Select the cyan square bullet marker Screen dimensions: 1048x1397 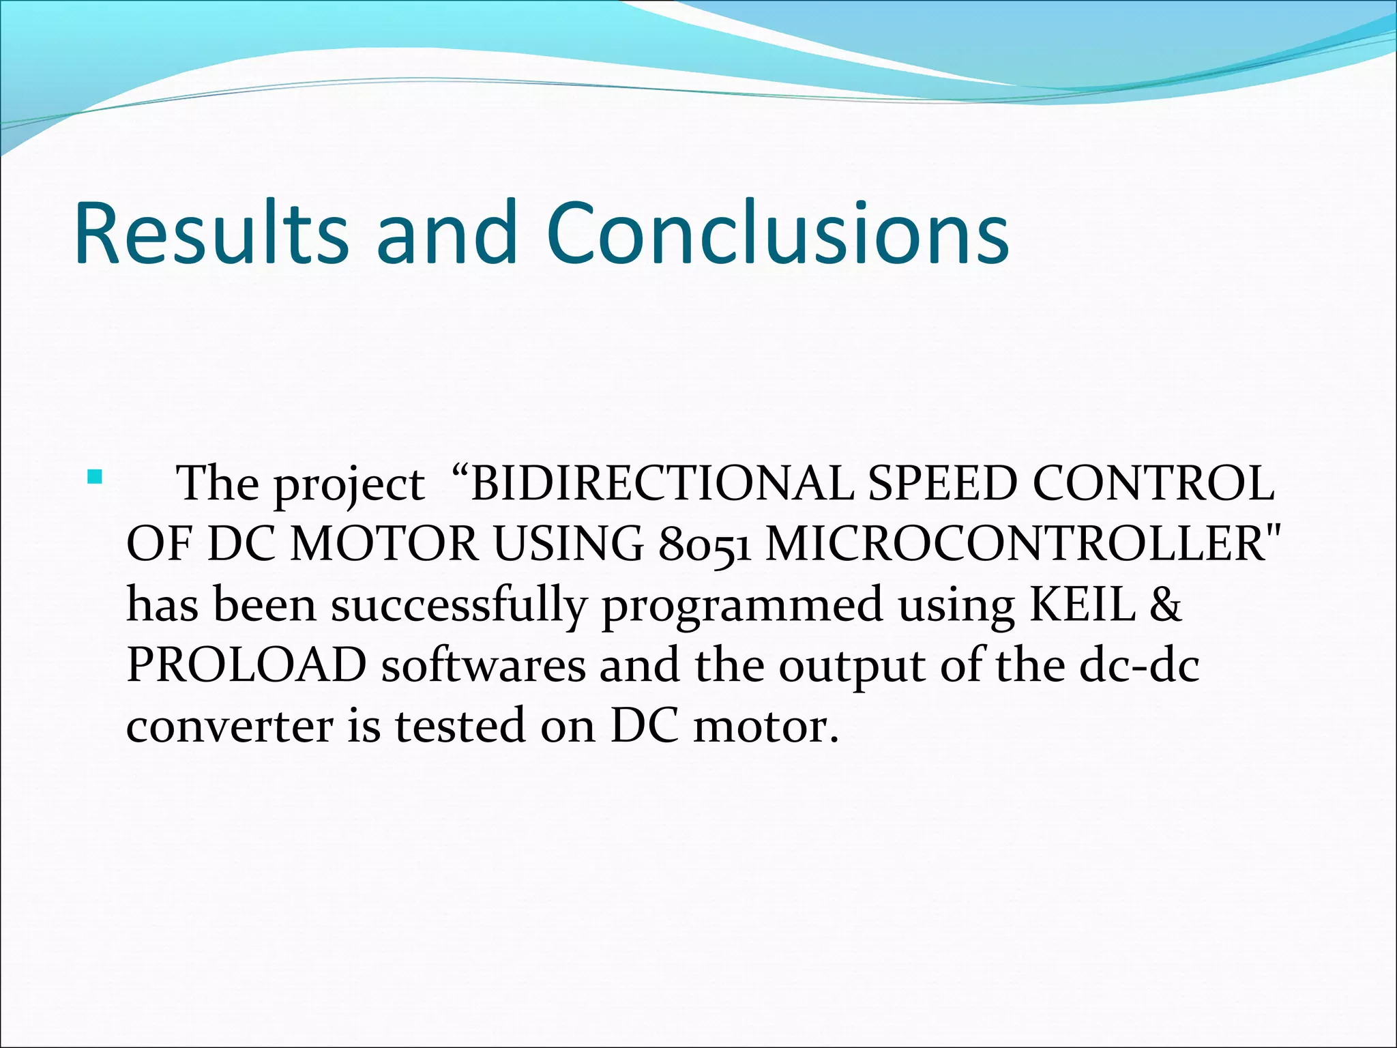click(x=94, y=476)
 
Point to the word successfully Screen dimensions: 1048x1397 click(x=459, y=606)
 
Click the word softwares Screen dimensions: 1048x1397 click(x=483, y=665)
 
